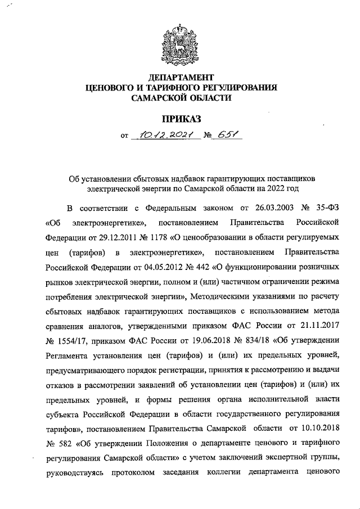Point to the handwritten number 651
[x=219, y=135]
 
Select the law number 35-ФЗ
[x=326, y=207]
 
